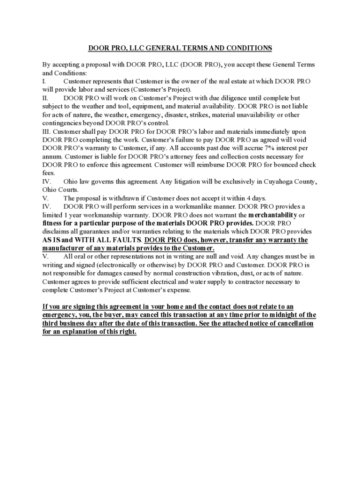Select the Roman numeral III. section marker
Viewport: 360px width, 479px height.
[47, 131]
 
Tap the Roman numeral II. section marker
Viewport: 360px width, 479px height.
[45, 98]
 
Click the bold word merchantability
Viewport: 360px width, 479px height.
[273, 215]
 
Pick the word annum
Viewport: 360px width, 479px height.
[52, 156]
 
